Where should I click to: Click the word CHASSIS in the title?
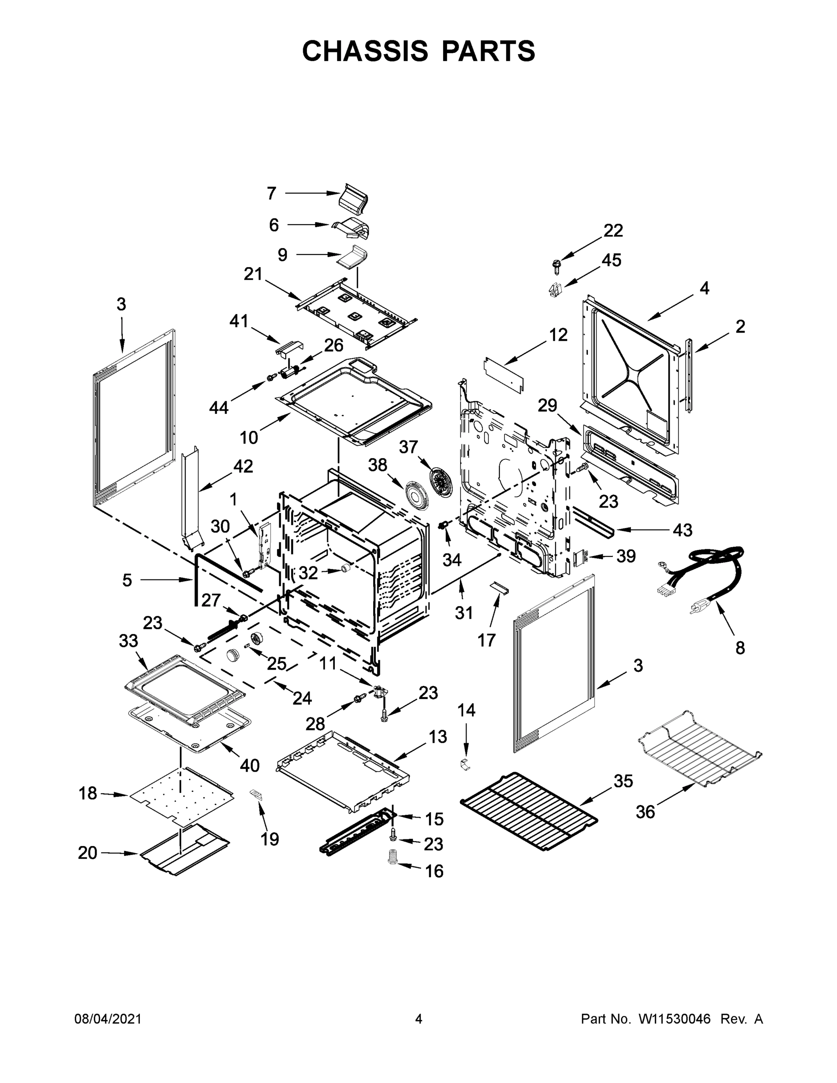tap(365, 51)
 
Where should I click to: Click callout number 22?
tap(613, 231)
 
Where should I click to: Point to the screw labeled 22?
tap(556, 265)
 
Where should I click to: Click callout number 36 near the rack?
tap(645, 812)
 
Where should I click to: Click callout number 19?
tap(270, 839)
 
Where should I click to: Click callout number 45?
tap(611, 260)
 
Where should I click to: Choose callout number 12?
tap(558, 335)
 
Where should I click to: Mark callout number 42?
tap(243, 466)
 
